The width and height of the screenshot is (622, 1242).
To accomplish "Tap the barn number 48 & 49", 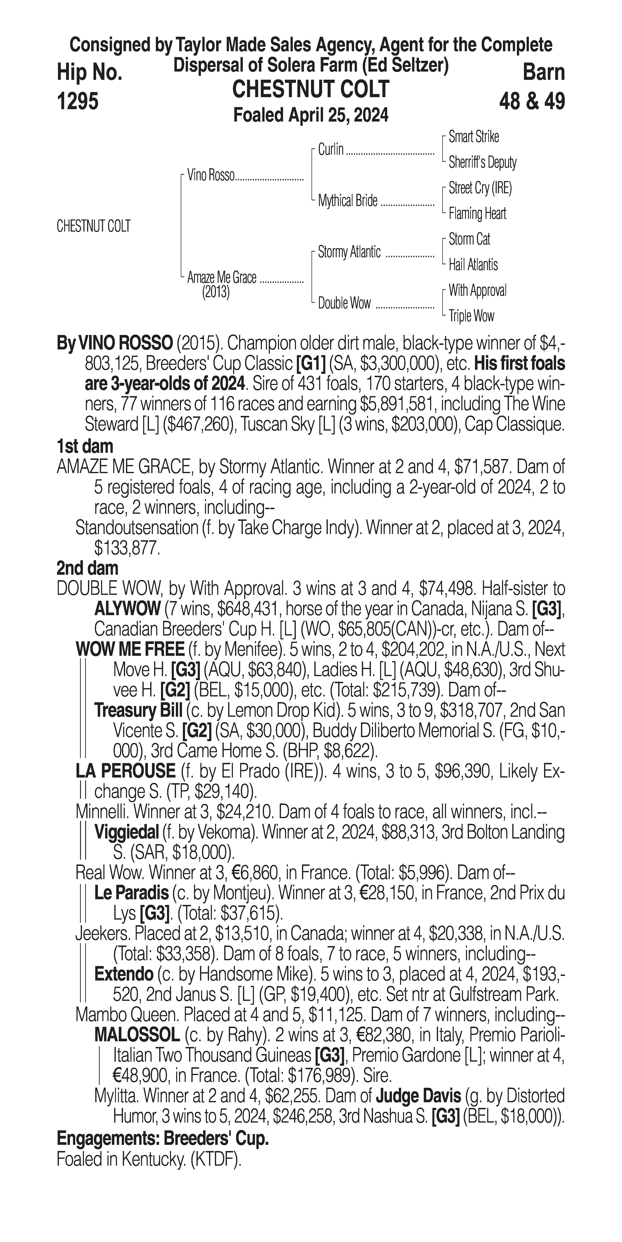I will pos(532,102).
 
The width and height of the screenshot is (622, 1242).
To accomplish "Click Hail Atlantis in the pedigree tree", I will pos(473,265).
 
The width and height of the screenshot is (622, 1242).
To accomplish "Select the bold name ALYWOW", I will pos(127,609).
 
